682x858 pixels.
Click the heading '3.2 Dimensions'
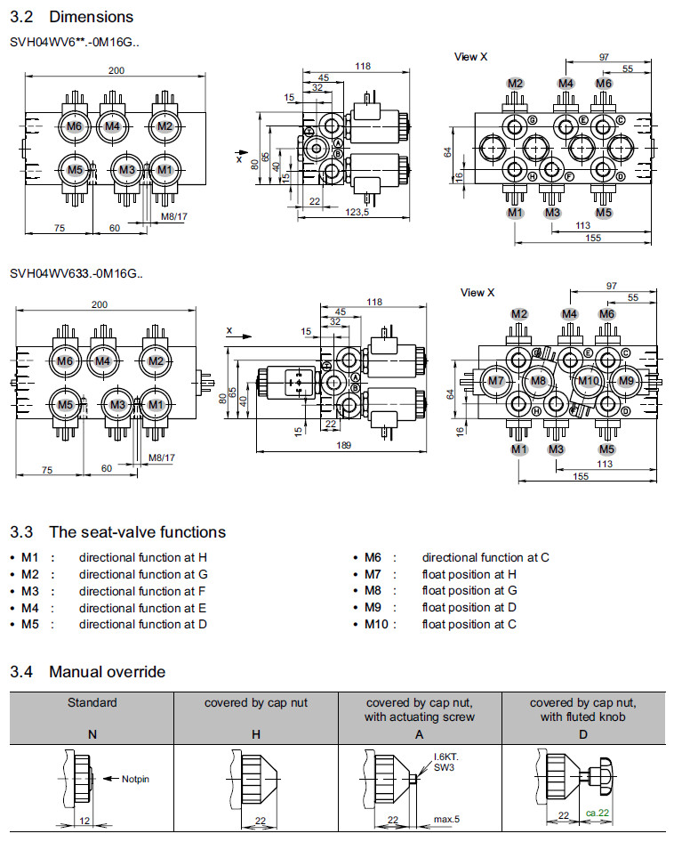pos(71,17)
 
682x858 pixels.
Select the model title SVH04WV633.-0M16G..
pos(76,273)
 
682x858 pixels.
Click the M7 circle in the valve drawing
pos(496,381)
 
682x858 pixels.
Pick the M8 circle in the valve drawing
pos(538,381)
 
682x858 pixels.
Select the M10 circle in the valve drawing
pos(588,381)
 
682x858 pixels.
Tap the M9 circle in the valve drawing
pos(627,381)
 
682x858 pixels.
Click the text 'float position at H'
pos(469,574)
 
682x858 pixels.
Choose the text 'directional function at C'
pos(485,557)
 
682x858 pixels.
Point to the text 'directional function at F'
pos(142,591)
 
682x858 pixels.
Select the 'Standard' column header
pos(92,702)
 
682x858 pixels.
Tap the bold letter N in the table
pos(92,734)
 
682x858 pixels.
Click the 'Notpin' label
pos(135,779)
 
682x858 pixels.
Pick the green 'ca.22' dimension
pos(598,813)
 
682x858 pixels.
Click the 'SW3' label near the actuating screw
pos(444,765)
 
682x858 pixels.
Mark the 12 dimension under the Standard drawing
pos(83,819)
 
